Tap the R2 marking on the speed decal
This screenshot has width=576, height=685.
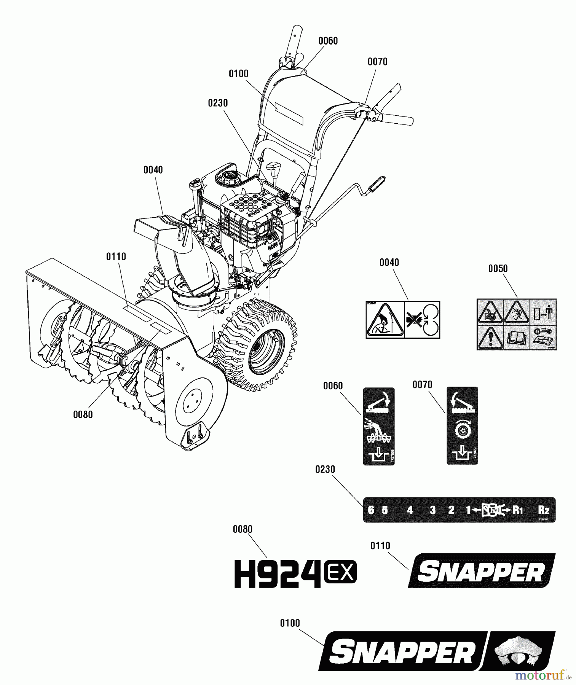[x=543, y=510]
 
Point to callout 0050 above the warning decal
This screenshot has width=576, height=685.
[x=498, y=269]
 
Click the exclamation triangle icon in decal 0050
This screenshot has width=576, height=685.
[x=490, y=337]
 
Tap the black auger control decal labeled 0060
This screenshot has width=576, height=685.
[x=378, y=426]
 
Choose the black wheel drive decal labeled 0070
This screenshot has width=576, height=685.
[x=462, y=426]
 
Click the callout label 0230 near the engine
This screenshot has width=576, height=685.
[x=218, y=103]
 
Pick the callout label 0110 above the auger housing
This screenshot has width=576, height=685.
[x=116, y=257]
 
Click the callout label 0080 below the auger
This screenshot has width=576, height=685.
[x=83, y=414]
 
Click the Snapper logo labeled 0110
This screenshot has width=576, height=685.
[x=482, y=571]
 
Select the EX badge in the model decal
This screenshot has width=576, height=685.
[x=340, y=573]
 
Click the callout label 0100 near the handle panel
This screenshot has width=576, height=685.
[x=238, y=74]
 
